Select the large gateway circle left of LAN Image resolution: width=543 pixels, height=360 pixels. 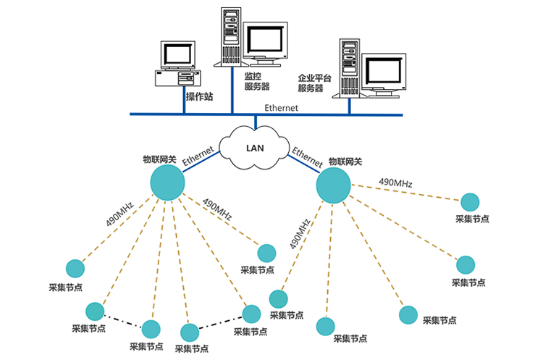[167, 182]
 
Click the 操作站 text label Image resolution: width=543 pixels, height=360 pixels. [197, 97]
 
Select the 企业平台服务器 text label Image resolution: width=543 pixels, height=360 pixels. [313, 83]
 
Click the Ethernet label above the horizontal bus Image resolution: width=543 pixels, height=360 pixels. [281, 107]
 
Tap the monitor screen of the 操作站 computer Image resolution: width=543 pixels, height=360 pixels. [176, 54]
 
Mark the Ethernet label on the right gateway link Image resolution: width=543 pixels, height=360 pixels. [306, 157]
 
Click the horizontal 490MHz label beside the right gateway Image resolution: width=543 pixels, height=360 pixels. [395, 183]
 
